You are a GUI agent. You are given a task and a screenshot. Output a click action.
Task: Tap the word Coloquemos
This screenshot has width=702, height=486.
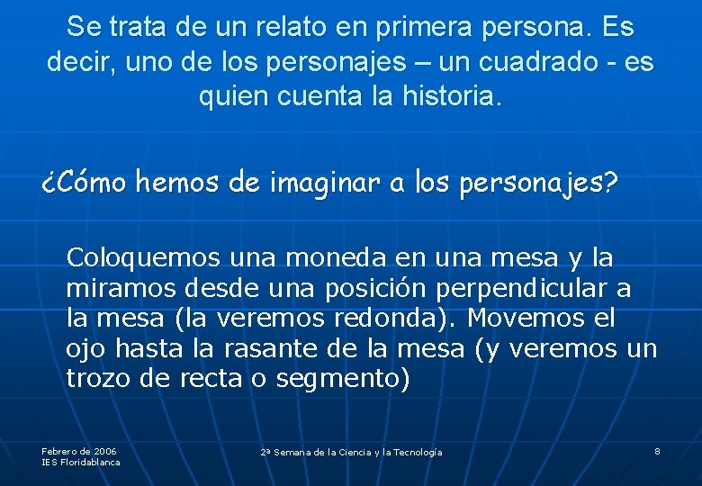[x=143, y=258]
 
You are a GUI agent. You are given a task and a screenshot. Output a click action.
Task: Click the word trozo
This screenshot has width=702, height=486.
[x=99, y=379]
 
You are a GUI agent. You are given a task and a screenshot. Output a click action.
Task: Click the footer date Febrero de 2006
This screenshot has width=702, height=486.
[x=79, y=451]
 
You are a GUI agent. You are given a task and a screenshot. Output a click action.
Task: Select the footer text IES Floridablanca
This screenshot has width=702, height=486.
[x=81, y=463]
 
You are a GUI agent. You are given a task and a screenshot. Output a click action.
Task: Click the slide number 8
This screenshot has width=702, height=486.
[x=658, y=451]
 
